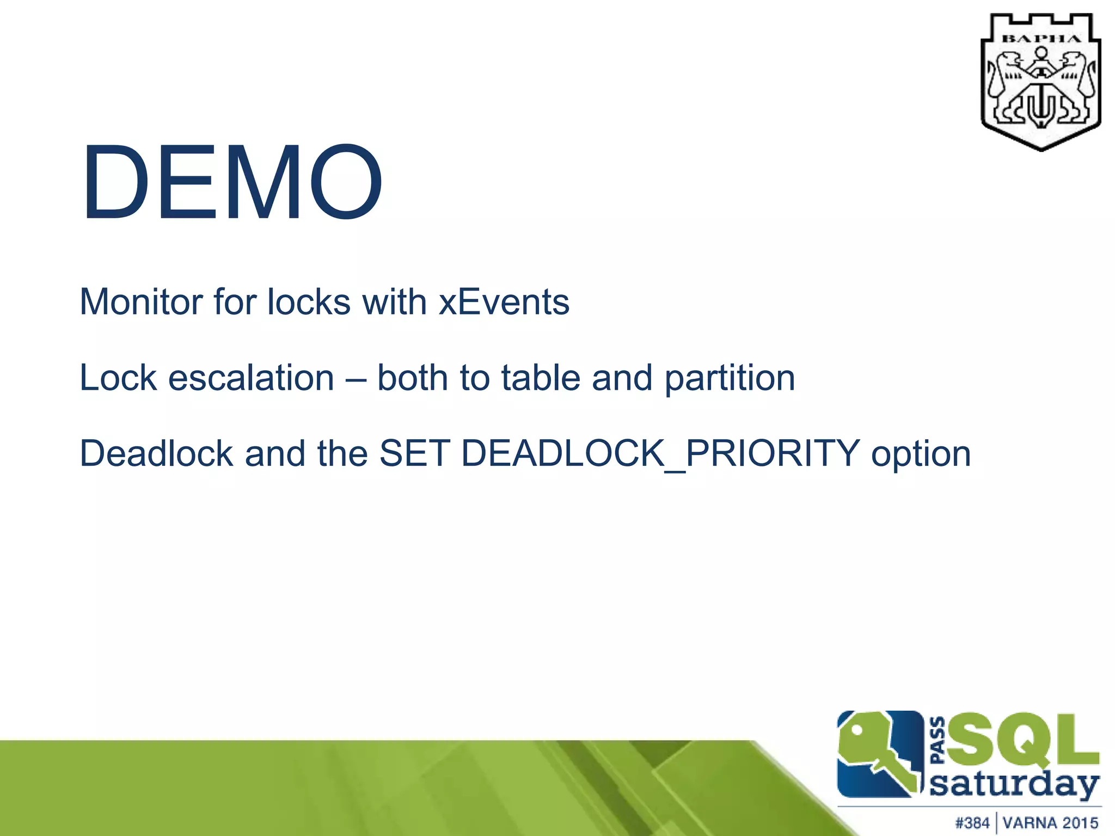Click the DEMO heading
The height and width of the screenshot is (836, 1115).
click(231, 182)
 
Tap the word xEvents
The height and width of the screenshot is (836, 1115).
click(504, 302)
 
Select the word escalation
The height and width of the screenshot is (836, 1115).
click(251, 378)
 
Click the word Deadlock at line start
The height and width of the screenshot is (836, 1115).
click(156, 453)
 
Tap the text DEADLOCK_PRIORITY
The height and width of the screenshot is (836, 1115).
click(660, 453)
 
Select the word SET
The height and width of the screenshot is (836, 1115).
click(414, 453)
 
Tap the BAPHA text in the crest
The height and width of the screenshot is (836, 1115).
click(1041, 39)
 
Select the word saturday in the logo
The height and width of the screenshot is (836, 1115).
click(1014, 784)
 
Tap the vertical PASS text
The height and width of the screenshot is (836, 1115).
click(938, 741)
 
